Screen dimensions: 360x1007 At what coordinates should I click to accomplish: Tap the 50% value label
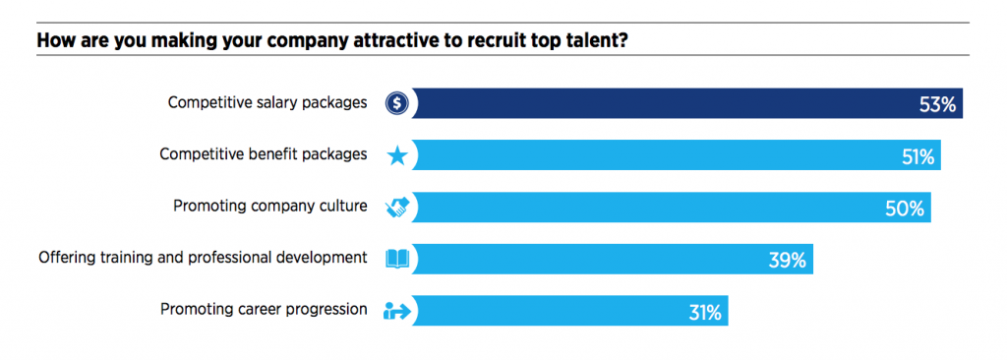click(906, 209)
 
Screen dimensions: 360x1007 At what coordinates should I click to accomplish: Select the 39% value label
click(788, 261)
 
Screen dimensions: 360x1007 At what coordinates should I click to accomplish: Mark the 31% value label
click(704, 313)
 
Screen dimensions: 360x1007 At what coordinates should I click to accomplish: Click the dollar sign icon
click(396, 102)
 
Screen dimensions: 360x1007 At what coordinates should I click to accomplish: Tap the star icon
click(396, 155)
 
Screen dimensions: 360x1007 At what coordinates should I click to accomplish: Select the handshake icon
click(396, 208)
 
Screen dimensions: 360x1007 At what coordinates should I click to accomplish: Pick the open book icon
click(396, 260)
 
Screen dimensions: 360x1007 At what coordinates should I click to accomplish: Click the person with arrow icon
click(396, 312)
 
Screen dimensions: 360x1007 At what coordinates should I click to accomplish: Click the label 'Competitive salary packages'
click(267, 102)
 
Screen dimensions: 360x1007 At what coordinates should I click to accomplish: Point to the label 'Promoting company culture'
click(270, 207)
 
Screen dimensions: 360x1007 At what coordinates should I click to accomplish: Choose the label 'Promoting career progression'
click(264, 310)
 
